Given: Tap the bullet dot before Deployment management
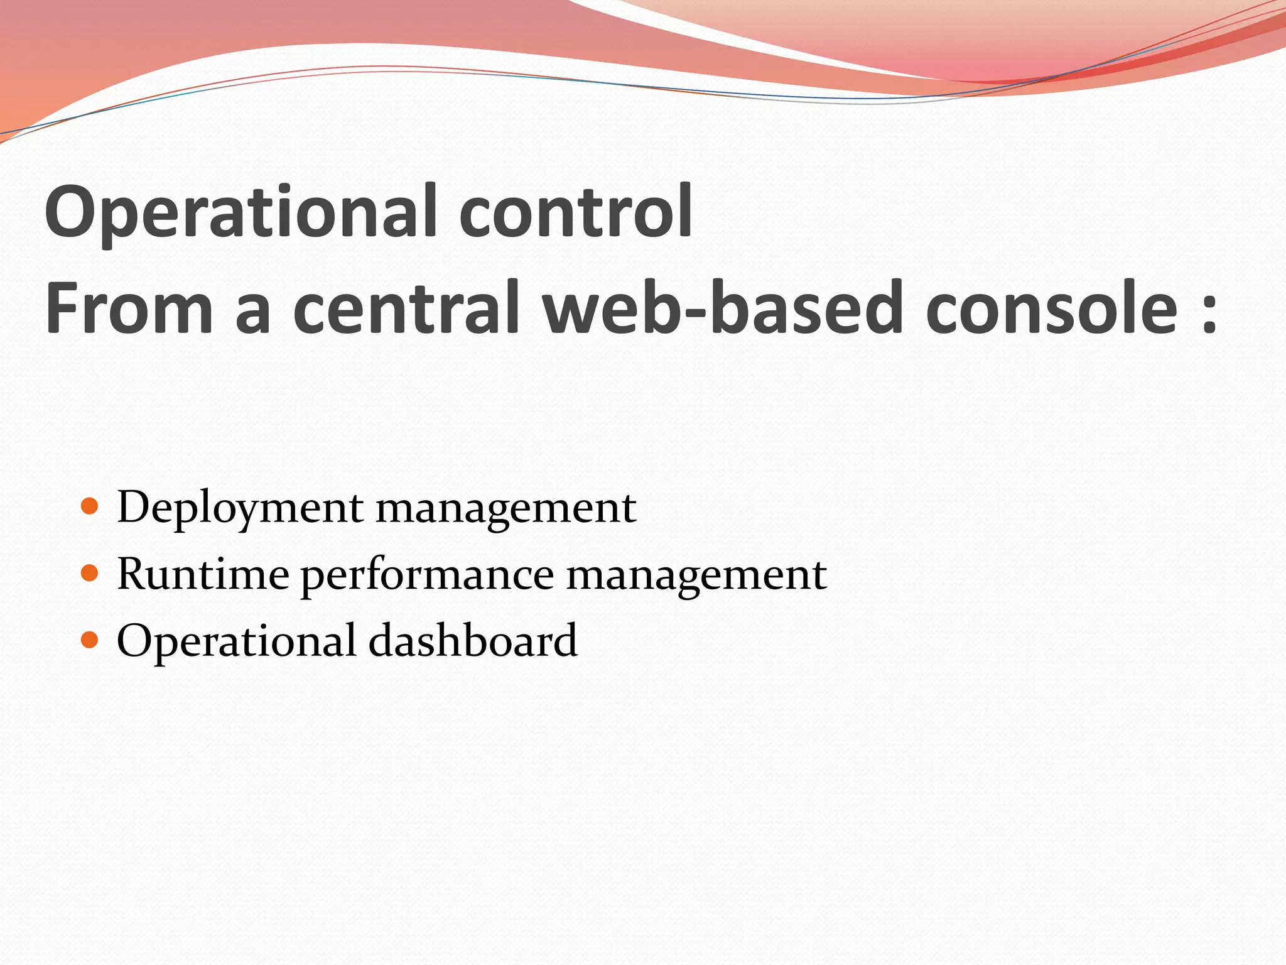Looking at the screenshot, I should tap(90, 506).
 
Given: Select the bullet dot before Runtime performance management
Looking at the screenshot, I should tap(90, 573).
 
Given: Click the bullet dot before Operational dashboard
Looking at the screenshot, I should tap(90, 640).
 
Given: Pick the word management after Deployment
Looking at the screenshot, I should tap(506, 508).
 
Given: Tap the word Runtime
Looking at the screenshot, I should tap(203, 574).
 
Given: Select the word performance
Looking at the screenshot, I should tap(427, 574).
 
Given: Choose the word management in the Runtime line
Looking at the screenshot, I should tap(696, 574).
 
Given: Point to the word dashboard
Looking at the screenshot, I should tap(472, 640).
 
